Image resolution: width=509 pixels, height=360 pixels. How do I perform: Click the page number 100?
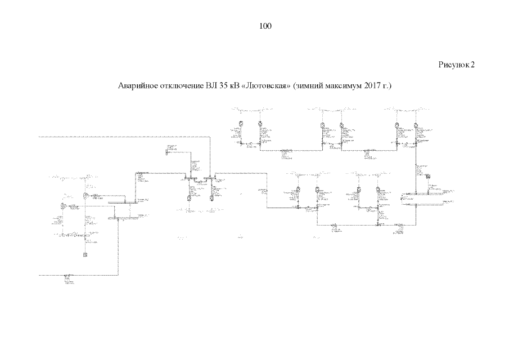[266, 26]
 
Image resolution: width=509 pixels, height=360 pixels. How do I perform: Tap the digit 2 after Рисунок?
[473, 65]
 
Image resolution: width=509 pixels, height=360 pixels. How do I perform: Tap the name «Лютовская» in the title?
[264, 87]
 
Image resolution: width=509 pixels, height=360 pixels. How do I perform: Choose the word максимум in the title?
[341, 87]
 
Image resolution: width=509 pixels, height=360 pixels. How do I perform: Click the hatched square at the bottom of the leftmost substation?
[85, 254]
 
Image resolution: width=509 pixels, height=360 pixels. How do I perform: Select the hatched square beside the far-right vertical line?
[428, 177]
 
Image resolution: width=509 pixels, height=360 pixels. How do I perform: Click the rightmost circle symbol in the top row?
[416, 124]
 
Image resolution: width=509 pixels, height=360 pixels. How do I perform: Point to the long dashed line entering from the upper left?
[124, 136]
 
